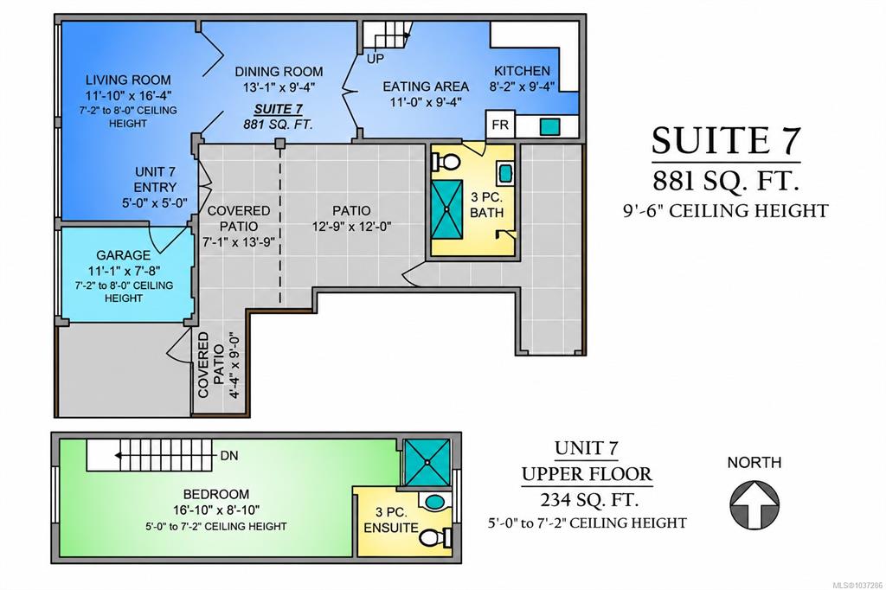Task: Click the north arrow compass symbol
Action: tap(754, 504)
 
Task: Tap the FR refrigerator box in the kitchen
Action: tap(500, 125)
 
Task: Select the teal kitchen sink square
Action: tap(549, 126)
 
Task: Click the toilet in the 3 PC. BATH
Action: tap(446, 162)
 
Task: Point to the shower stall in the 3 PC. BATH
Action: tap(447, 208)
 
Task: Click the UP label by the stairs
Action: tap(376, 58)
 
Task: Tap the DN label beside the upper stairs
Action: tap(228, 456)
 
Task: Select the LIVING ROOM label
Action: tap(128, 80)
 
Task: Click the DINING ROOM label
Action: tap(279, 72)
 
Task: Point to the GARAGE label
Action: tap(123, 255)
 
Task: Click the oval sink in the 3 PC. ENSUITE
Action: tap(434, 502)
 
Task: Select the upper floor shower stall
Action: tap(427, 462)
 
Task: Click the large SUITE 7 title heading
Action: tap(726, 140)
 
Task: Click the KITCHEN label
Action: tap(522, 71)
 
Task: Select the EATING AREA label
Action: tap(426, 87)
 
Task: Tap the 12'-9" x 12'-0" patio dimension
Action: tap(351, 227)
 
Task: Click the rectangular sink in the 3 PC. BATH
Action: tap(505, 174)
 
